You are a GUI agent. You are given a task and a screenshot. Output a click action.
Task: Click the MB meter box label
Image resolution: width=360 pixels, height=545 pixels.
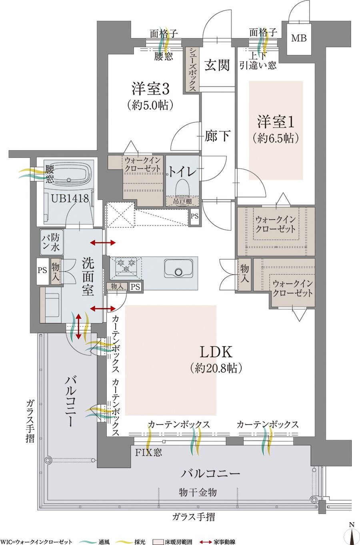(299, 38)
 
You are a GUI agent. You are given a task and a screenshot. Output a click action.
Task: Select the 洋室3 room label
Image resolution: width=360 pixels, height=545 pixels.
(150, 89)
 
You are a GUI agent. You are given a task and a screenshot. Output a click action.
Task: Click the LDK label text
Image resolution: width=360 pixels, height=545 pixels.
(216, 352)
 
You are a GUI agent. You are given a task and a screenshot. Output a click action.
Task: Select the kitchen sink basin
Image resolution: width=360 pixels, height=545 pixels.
(178, 268)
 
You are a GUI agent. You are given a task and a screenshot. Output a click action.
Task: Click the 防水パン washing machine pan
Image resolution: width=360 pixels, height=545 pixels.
(52, 242)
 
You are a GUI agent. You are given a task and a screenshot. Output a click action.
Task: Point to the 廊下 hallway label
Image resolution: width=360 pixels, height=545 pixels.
(217, 136)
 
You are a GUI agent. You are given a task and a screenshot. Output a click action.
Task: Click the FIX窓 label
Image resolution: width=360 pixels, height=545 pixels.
(148, 452)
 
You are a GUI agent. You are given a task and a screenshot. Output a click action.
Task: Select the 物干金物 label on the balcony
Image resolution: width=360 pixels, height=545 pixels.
(198, 492)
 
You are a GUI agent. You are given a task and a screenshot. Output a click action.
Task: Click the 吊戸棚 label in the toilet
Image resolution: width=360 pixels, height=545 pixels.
(182, 201)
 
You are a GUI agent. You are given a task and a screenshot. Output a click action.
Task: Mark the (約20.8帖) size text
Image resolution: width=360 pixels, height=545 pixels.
(216, 369)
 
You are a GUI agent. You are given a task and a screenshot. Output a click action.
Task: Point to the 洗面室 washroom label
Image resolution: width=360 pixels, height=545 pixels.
(88, 277)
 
